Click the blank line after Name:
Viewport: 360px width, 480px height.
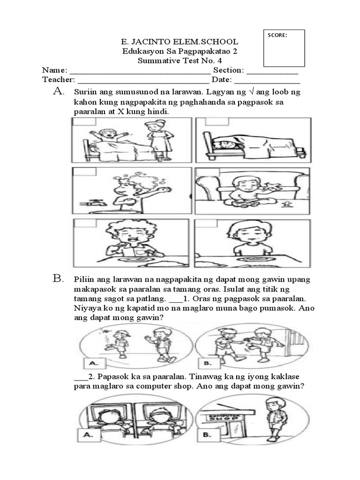coord(141,71)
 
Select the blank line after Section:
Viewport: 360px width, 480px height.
coord(272,71)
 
